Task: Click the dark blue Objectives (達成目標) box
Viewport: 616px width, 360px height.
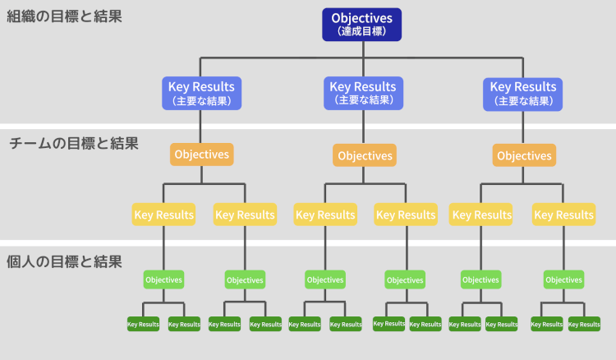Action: click(361, 24)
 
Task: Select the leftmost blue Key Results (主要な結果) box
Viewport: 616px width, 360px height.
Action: click(201, 93)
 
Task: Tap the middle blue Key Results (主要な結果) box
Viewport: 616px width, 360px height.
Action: click(362, 93)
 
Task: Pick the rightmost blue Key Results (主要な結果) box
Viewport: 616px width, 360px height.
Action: click(523, 93)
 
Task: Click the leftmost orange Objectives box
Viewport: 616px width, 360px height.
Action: click(202, 154)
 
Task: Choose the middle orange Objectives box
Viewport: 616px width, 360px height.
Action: click(364, 155)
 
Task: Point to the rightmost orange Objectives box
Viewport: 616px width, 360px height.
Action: click(524, 155)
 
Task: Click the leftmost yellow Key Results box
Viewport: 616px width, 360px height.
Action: click(163, 215)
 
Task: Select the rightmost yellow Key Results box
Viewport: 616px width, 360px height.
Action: click(563, 215)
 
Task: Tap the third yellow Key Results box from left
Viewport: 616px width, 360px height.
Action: click(324, 215)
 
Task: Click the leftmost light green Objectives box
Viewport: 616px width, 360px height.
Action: click(163, 279)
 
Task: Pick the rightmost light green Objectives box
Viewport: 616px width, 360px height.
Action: click(563, 279)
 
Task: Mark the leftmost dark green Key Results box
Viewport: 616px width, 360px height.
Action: click(143, 324)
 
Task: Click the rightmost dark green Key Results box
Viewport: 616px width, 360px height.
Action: click(584, 324)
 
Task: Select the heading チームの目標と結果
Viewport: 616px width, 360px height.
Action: click(74, 143)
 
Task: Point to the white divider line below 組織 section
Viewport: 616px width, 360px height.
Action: click(308, 126)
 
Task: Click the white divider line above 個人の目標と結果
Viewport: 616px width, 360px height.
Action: click(308, 242)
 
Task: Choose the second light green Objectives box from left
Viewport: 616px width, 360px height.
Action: click(244, 279)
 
